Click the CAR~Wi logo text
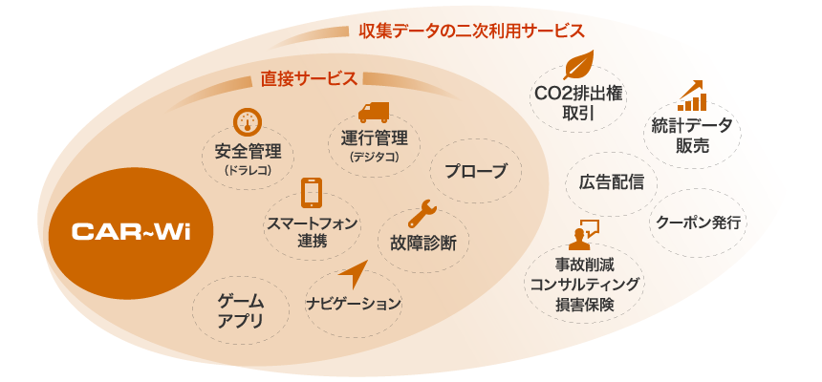tap(131, 232)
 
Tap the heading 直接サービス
tap(309, 78)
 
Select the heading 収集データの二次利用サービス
tap(471, 31)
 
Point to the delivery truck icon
tap(374, 112)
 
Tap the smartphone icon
tap(312, 193)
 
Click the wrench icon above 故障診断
tap(422, 213)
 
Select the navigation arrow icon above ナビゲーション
tap(354, 273)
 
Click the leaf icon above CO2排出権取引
tap(578, 65)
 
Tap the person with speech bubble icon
tap(582, 234)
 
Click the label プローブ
tap(476, 171)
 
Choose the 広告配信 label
tap(612, 183)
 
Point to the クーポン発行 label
tap(699, 223)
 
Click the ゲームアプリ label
tap(241, 310)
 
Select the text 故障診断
tap(423, 244)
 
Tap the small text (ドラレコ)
tap(247, 170)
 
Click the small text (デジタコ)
tap(374, 157)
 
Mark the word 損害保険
tap(585, 305)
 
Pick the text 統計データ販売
tap(692, 136)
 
